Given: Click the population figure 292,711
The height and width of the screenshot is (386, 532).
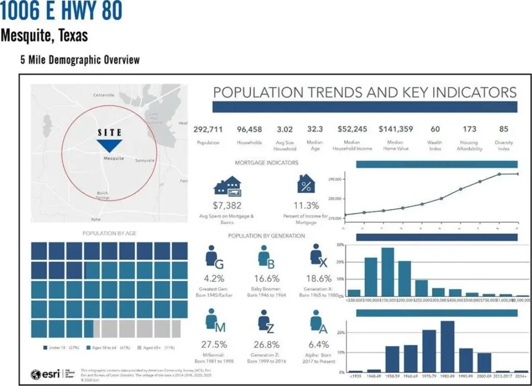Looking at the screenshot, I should point(208,129).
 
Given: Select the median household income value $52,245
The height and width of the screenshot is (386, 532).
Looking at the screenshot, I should point(352,129).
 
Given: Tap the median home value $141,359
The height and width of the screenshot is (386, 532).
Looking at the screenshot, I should point(395,129).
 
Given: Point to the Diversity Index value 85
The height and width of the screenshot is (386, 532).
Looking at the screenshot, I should point(503,129).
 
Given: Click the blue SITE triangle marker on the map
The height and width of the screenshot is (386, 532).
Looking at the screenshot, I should point(110,145).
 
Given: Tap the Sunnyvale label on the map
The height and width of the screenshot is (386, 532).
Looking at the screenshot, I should point(145,161).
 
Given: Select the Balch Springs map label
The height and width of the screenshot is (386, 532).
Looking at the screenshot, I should point(102,195).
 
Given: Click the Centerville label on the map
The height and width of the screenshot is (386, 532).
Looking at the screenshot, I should point(104,95).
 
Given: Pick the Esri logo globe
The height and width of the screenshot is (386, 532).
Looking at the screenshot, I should point(36,374).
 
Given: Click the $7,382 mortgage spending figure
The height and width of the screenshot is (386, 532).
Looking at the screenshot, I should point(227,206).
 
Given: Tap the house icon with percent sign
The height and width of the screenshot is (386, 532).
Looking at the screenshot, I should point(306,184).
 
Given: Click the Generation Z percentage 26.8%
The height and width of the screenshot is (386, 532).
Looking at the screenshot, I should point(267,344).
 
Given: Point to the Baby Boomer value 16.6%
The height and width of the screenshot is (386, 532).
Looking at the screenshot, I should point(267,278).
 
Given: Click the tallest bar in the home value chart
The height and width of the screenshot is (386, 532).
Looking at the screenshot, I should point(388,272).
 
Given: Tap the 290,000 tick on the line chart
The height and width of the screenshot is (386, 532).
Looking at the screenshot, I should point(335,179).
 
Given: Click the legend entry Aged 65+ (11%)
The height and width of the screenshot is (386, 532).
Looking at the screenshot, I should point(159,347).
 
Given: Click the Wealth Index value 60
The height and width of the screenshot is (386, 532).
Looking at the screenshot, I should point(435,129).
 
